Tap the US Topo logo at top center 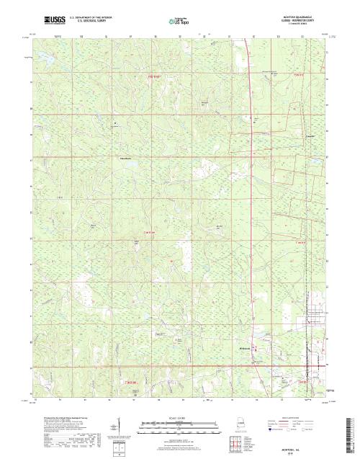point(181,22)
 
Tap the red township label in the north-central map point(148,74)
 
